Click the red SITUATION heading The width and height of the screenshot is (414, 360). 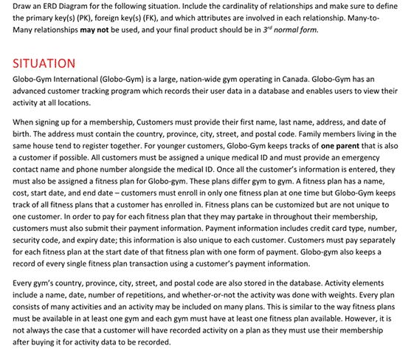pyautogui.click(x=44, y=63)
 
